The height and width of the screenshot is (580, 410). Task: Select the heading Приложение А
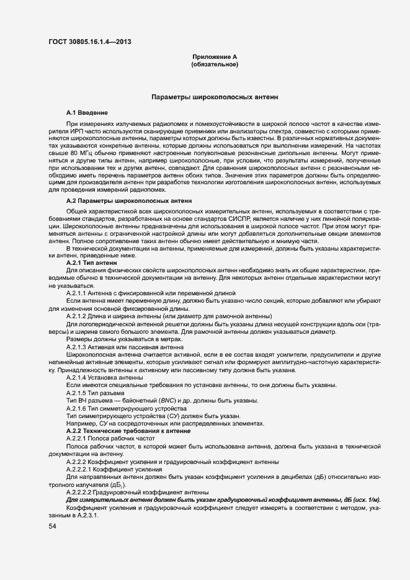[x=214, y=57]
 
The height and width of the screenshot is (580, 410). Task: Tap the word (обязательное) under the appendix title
[x=214, y=64]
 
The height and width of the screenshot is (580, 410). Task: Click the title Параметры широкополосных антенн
[x=215, y=97]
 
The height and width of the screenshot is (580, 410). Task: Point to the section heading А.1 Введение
[x=87, y=112]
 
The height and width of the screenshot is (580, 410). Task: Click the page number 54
[x=52, y=527]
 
